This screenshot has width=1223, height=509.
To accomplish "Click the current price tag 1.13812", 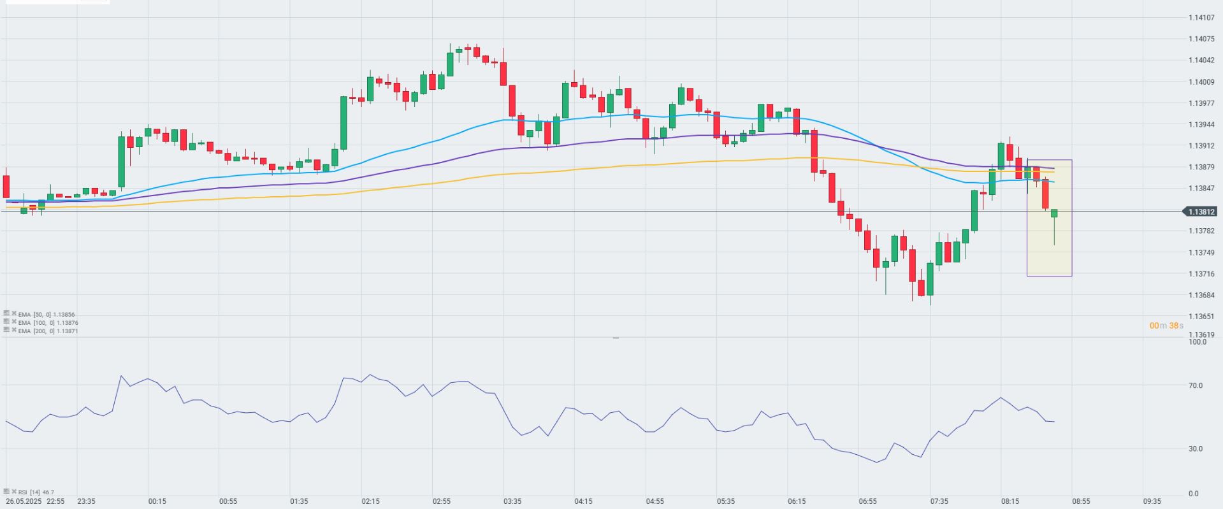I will point(1201,211).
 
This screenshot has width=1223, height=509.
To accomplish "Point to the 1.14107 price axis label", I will point(1201,18).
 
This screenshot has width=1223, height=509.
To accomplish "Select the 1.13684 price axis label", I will point(1201,296).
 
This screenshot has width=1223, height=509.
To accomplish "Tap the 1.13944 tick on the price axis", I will point(1201,125).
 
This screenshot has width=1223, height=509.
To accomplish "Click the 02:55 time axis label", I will point(441,501).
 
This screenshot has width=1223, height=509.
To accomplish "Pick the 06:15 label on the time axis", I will point(797,501).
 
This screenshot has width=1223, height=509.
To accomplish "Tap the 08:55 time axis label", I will point(1081,501).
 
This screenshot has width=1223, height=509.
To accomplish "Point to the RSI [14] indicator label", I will point(36,492).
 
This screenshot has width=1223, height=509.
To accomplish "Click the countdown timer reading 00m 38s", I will point(1166,326).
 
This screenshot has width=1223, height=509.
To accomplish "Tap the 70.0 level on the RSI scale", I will point(1196,386).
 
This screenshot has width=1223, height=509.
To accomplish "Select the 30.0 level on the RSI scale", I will point(1196,449).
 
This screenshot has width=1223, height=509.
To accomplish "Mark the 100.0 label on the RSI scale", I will point(1198,342).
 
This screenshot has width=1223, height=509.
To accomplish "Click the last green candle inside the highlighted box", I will point(1054,213).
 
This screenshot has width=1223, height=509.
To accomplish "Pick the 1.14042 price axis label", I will point(1201,61).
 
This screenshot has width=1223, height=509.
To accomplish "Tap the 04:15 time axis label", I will point(583,501).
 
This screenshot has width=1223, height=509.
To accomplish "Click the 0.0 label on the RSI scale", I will point(1194,494).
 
